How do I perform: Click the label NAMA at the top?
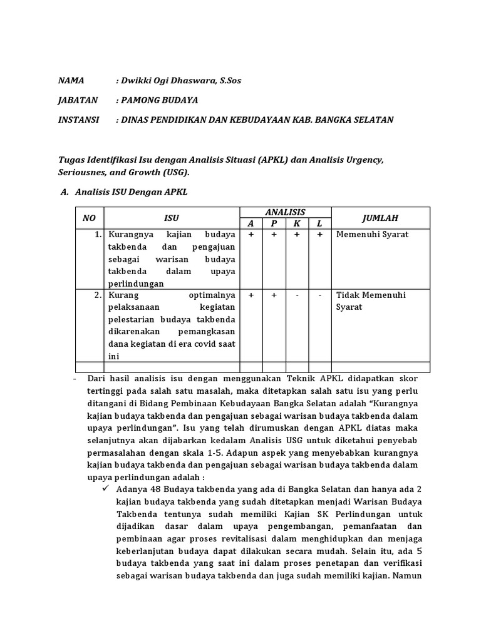point(71,81)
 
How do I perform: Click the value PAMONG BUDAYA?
point(159,100)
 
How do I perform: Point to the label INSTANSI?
point(78,120)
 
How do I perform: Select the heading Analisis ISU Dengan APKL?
point(131,192)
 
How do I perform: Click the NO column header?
point(89,218)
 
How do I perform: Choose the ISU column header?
point(172,218)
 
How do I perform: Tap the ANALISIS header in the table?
point(285,213)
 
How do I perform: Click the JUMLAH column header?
point(380,218)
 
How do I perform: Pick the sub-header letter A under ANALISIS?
point(251,223)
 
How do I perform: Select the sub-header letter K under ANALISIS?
point(297,223)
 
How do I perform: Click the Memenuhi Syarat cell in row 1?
point(372,235)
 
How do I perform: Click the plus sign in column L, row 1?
point(319,235)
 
